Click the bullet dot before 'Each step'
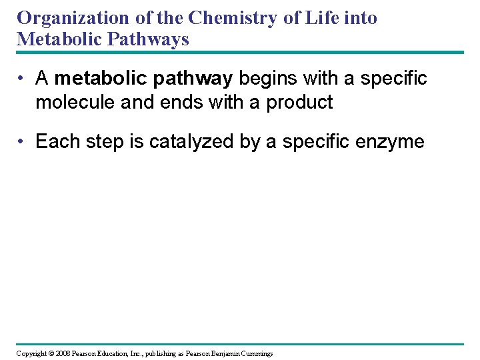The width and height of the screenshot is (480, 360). coord(23,142)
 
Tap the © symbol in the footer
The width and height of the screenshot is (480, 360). coord(52,353)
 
